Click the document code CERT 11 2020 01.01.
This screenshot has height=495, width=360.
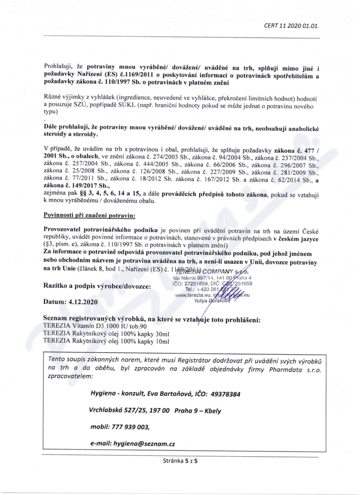point(291,26)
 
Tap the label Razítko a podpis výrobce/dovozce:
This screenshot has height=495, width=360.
point(96,286)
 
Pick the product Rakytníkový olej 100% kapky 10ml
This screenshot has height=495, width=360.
point(106,342)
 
